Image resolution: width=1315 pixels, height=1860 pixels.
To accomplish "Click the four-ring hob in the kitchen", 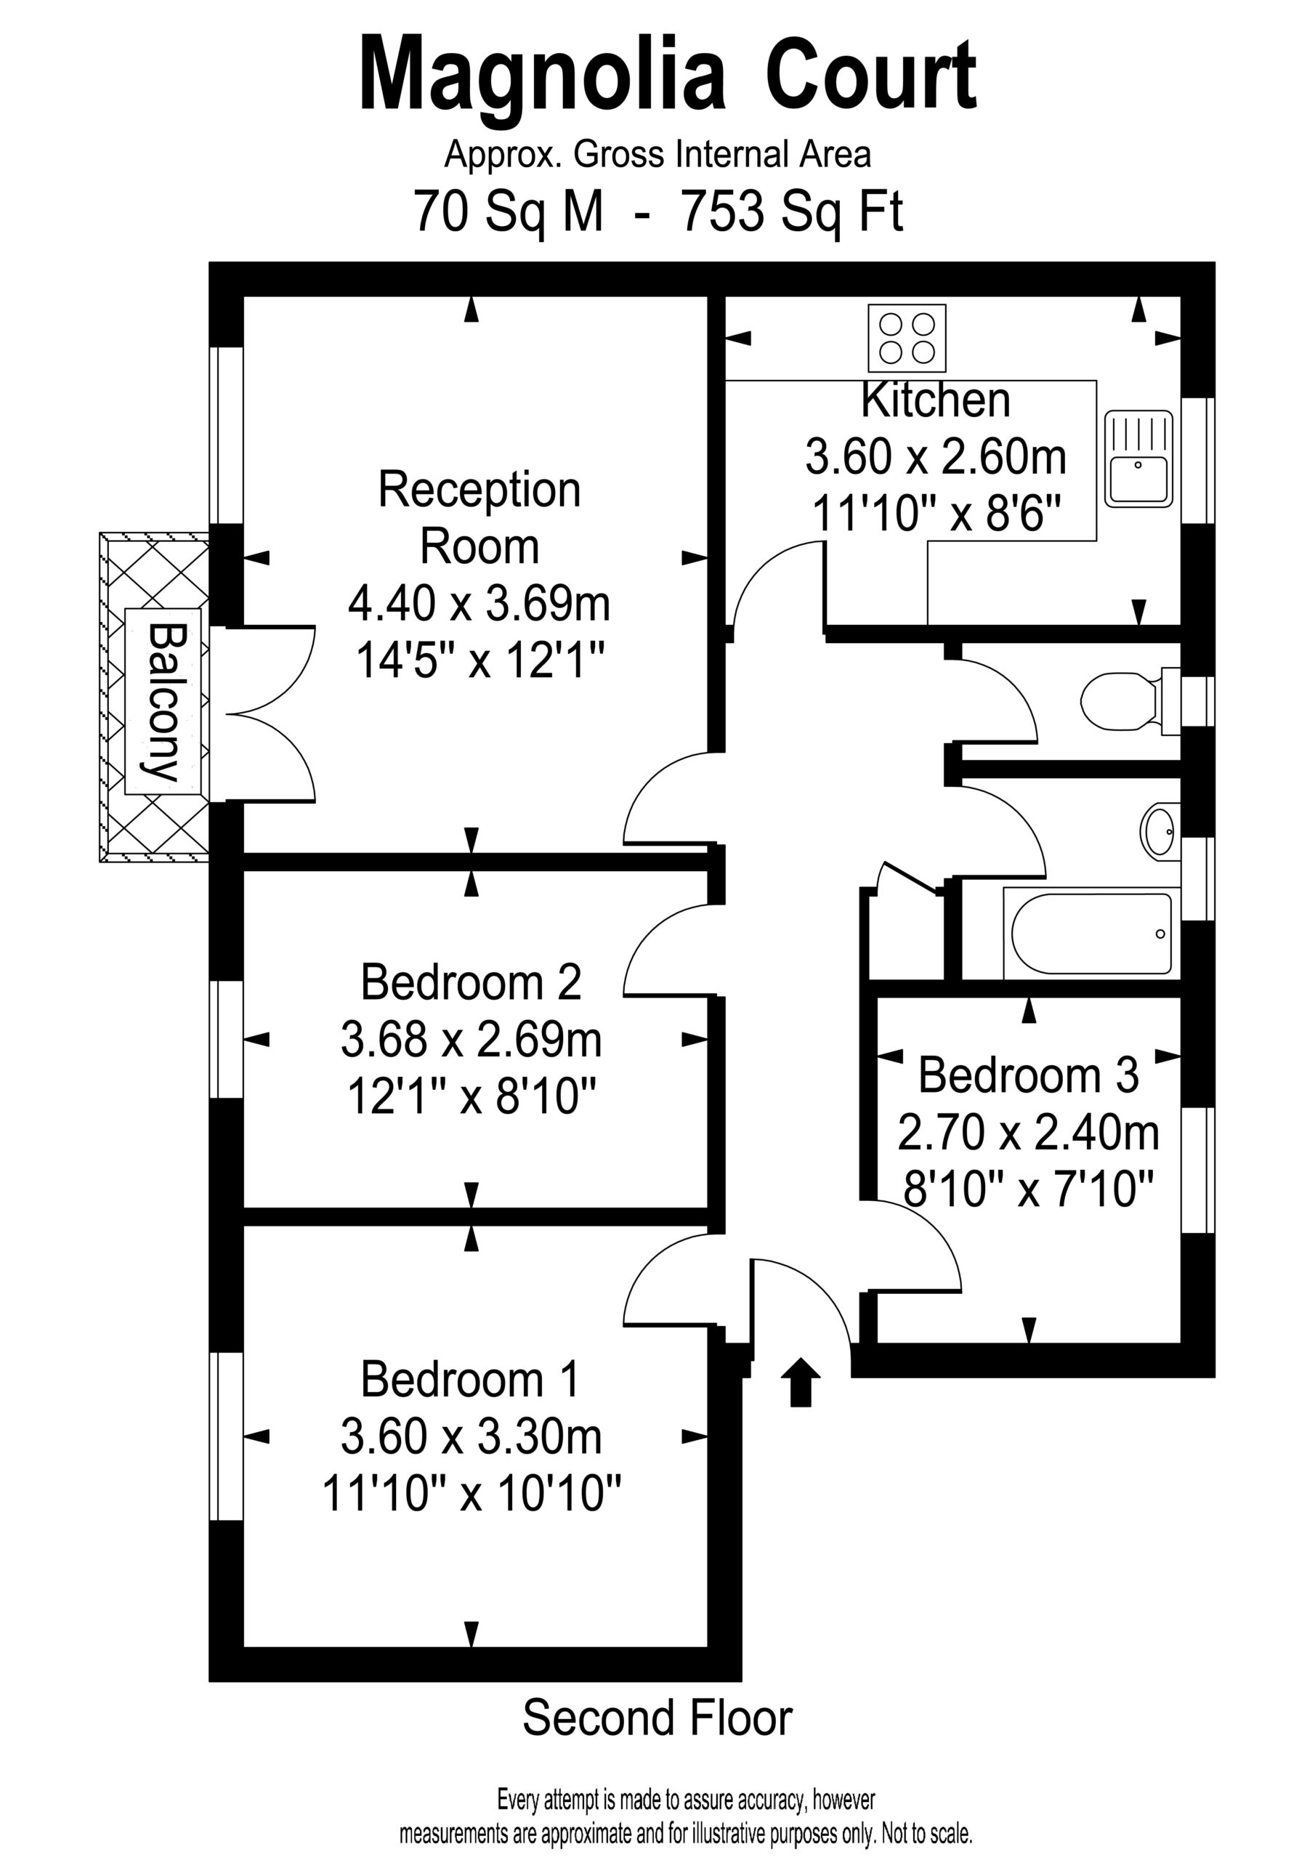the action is (x=906, y=338).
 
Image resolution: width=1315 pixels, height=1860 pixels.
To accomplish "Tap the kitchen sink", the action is (x=1138, y=458).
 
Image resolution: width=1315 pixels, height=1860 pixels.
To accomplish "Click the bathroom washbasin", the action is (x=1160, y=830).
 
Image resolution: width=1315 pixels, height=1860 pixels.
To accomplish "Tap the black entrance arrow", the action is (x=800, y=1381).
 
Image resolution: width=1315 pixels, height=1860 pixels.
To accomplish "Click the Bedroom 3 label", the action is (x=1028, y=1076).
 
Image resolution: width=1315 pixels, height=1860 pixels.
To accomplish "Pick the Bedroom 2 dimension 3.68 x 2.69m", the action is (x=471, y=1040).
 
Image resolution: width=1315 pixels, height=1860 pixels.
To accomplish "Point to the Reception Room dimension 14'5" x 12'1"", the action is (x=480, y=662).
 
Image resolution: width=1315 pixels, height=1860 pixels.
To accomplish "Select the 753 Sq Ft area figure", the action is (x=792, y=211).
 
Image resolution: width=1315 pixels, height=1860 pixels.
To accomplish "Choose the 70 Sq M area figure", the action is (x=509, y=211).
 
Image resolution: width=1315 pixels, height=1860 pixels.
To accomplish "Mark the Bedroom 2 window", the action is (x=226, y=1040).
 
